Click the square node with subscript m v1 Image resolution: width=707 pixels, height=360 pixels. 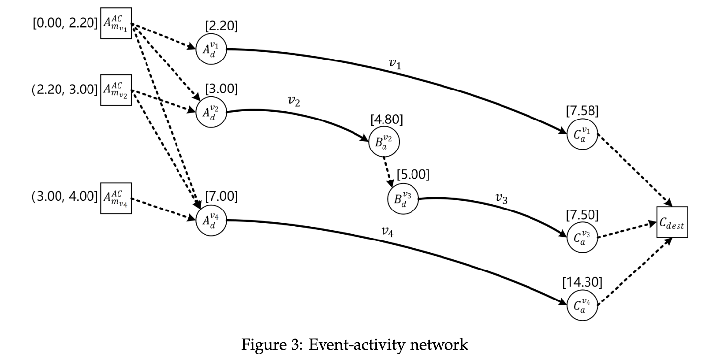(x=116, y=23)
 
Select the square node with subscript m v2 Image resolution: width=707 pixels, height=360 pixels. (x=116, y=90)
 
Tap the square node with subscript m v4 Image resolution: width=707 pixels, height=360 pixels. (x=116, y=199)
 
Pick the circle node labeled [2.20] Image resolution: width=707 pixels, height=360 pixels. (x=211, y=49)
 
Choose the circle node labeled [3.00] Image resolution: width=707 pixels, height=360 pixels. (x=211, y=113)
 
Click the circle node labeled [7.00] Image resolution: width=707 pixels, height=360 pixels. (x=211, y=220)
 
